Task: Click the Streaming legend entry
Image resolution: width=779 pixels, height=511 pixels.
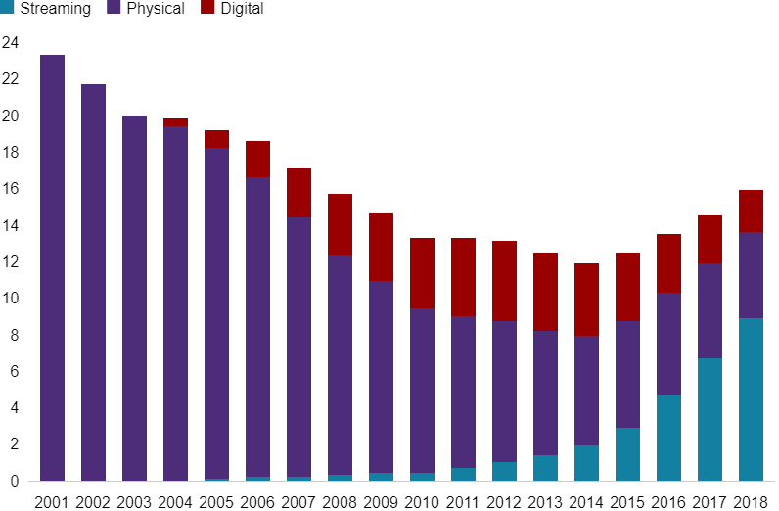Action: pos(49,9)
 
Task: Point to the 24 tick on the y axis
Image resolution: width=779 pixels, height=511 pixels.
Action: pos(10,43)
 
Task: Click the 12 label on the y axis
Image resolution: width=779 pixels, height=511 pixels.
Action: pos(10,262)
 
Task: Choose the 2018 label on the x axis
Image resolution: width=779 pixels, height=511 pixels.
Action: pos(751,502)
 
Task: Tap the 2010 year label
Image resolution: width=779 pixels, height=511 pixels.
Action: pos(422,502)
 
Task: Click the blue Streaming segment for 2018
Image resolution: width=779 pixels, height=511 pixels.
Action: pos(751,399)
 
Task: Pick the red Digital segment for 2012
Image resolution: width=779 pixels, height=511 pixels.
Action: pos(504,281)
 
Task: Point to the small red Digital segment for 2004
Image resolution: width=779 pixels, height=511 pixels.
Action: pos(176,122)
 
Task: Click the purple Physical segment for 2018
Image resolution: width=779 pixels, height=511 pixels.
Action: pos(751,275)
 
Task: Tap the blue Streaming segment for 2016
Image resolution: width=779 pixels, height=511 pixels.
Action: pos(668,438)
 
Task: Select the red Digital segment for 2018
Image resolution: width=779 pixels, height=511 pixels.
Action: pos(751,210)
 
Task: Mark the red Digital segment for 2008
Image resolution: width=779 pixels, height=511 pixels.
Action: pos(340,225)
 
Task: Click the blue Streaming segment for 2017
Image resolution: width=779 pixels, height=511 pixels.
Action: pos(710,420)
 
